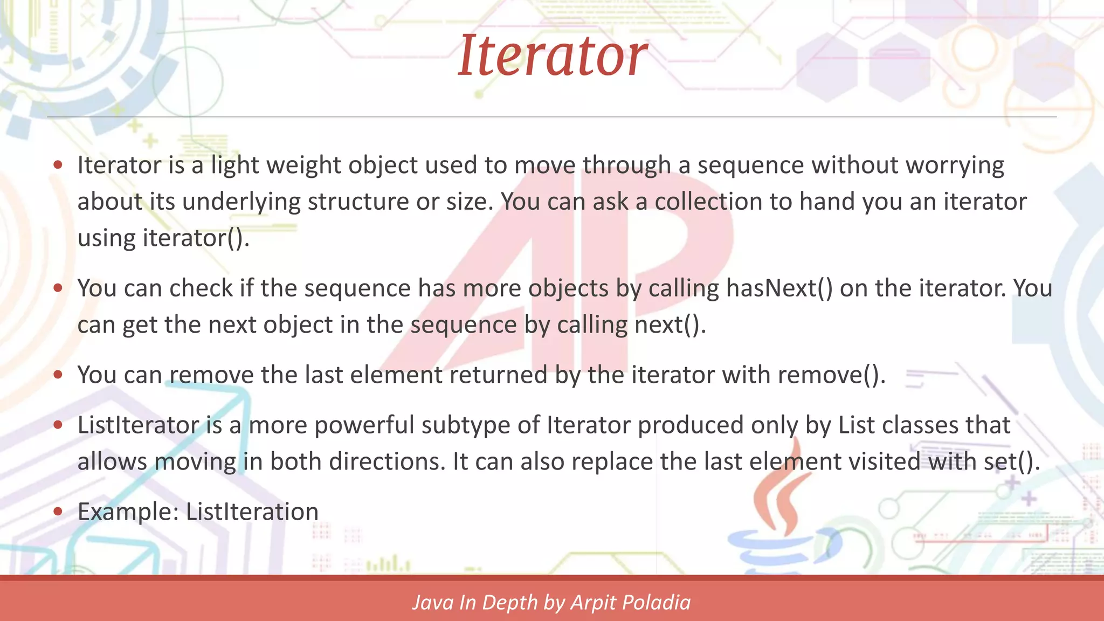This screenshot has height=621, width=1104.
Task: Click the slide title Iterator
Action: tap(552, 56)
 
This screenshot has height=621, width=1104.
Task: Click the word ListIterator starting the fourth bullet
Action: tap(138, 425)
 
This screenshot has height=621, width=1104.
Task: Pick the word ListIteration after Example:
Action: tap(252, 512)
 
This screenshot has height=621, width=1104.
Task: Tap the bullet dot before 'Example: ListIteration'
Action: tap(58, 511)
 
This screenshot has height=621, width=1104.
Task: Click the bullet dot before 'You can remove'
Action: tap(58, 375)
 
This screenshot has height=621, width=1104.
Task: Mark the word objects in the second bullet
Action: tap(568, 288)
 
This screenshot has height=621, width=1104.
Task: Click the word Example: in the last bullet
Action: tap(128, 512)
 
